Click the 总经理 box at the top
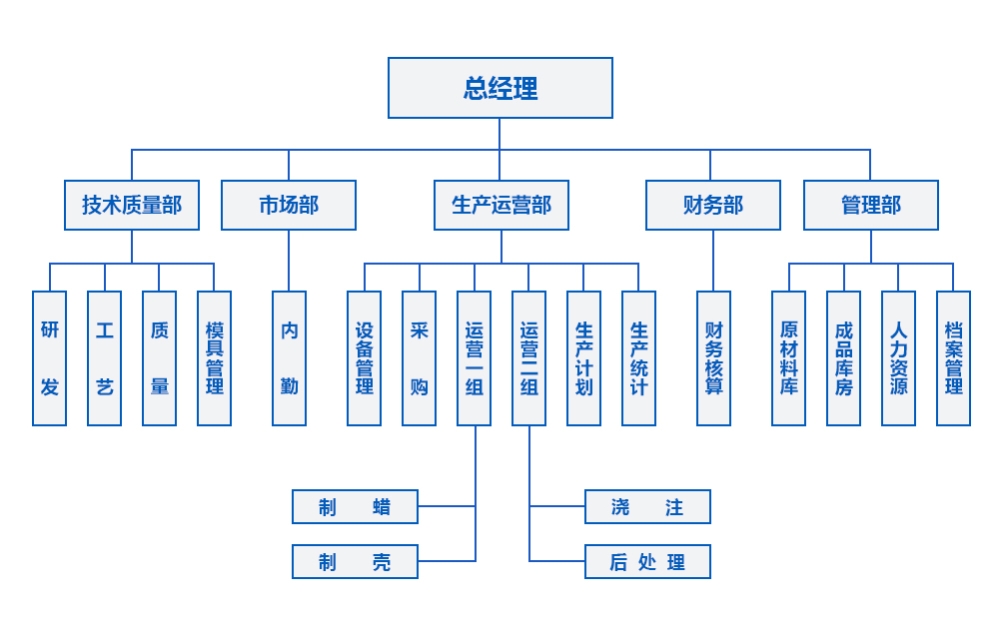click(500, 88)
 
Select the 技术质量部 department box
click(131, 205)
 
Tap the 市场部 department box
click(289, 205)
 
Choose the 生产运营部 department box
click(501, 205)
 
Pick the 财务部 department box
click(712, 205)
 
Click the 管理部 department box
click(870, 205)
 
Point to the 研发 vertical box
click(50, 358)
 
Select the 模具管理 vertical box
click(215, 358)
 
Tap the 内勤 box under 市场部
click(290, 358)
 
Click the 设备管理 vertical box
click(365, 358)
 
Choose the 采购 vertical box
click(420, 358)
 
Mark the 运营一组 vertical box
click(475, 358)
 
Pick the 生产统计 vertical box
click(639, 358)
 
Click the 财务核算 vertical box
click(713, 358)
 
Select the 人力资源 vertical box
click(898, 358)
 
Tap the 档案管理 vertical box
click(953, 358)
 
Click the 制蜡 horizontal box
click(355, 507)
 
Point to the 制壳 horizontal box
click(355, 562)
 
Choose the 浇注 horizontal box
click(647, 507)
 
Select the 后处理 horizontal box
click(647, 562)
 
